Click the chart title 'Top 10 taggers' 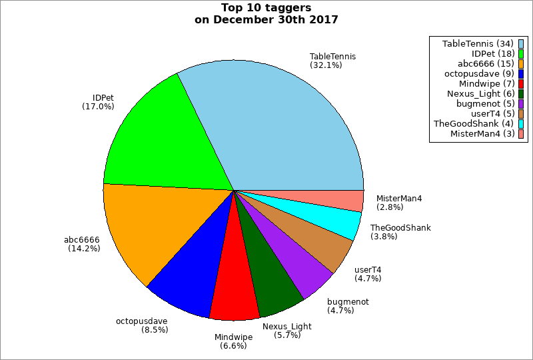click(266, 8)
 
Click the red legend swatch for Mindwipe click(521, 83)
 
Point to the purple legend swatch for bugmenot click(521, 103)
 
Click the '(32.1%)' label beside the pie click(326, 65)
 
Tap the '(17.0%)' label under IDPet click(98, 106)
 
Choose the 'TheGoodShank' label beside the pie click(400, 227)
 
